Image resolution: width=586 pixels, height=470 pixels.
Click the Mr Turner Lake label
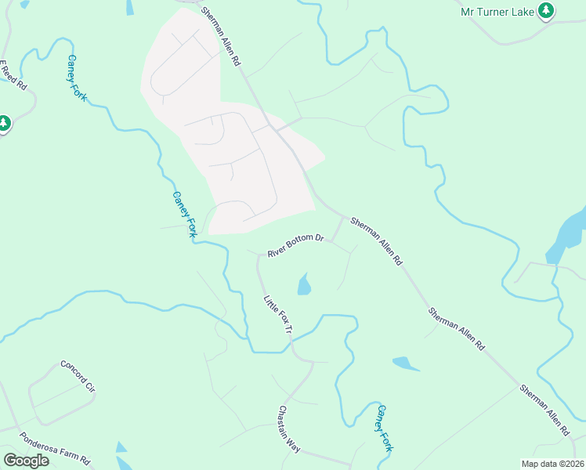coord(496,11)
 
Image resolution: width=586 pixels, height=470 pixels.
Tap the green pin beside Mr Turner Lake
coord(547,11)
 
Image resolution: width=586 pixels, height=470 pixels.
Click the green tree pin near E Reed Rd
coord(3,124)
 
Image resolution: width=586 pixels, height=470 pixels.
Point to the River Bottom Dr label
coord(295,245)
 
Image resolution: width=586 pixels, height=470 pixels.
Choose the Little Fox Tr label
coord(277,316)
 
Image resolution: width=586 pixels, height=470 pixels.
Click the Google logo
coord(26,461)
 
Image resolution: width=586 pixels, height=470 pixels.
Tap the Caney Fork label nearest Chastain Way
coord(383,428)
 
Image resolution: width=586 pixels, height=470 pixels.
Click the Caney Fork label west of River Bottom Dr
coord(185,215)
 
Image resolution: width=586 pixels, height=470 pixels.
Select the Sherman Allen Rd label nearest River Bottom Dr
coord(375,240)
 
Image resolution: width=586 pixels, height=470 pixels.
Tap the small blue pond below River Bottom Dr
coord(304,284)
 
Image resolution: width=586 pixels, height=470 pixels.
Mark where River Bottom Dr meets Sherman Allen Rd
coord(343,216)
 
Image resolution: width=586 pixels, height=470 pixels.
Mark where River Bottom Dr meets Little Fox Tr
coord(259,255)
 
